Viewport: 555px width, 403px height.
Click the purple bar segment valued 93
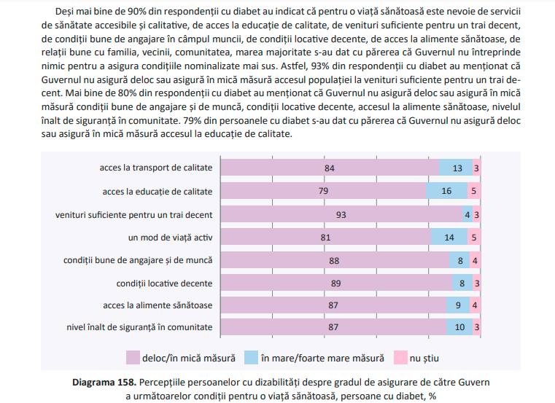341,215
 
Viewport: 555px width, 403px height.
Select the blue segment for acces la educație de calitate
446,192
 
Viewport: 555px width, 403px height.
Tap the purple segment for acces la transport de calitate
329,168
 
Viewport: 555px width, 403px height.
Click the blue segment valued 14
449,238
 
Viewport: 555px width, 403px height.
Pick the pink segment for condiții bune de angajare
474,260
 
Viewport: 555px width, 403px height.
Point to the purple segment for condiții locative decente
335,283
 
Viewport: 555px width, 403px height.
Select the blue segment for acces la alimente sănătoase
457,305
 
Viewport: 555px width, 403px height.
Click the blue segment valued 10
459,327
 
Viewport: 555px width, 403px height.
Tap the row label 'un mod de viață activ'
170,238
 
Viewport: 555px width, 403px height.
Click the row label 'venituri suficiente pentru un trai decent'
134,215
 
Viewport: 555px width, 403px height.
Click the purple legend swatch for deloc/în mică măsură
133,358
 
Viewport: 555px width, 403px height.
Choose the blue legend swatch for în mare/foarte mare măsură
251,358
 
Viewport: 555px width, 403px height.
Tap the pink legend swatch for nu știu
400,358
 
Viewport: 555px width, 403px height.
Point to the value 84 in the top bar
330,168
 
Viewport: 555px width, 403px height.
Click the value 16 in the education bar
447,192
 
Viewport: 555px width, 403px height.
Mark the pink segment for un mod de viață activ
473,238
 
